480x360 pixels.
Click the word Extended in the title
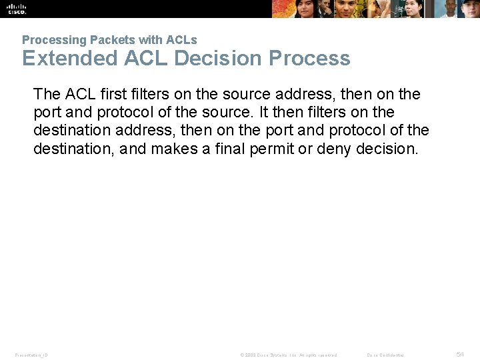click(x=69, y=58)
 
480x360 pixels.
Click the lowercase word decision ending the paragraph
click(x=387, y=149)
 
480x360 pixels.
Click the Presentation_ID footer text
click(x=31, y=355)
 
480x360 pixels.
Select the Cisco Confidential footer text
click(x=385, y=355)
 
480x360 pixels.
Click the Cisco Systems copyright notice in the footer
click(x=289, y=355)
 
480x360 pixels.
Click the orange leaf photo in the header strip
click(x=294, y=8)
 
